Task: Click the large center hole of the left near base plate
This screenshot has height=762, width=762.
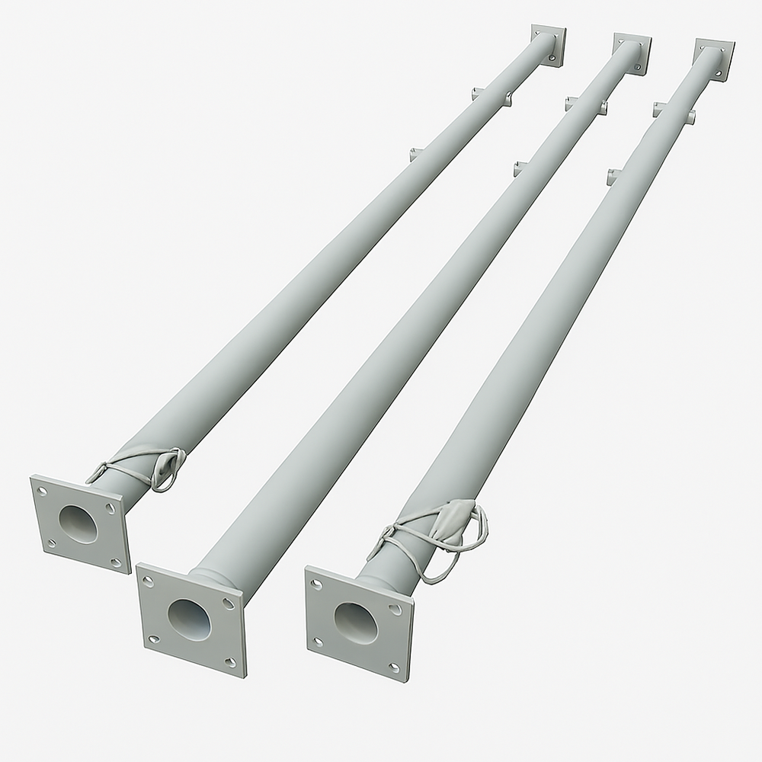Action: tap(78, 524)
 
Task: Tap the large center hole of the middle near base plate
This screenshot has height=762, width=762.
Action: tap(188, 618)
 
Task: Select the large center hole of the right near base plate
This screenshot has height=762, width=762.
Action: tap(355, 622)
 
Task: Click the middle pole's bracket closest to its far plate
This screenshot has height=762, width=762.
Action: tap(585, 104)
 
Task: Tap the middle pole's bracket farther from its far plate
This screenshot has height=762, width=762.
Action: tap(522, 168)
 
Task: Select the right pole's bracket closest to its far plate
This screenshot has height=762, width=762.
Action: tap(674, 112)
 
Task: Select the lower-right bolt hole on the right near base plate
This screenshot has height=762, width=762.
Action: tap(394, 668)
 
